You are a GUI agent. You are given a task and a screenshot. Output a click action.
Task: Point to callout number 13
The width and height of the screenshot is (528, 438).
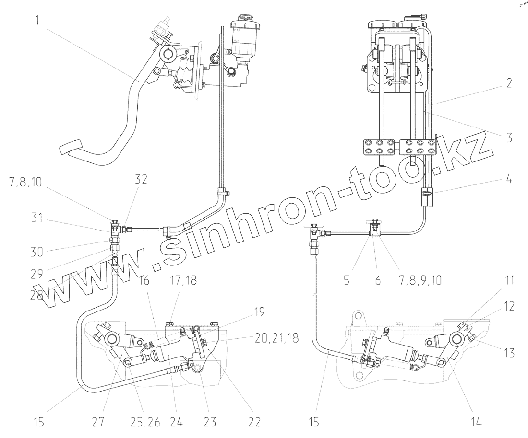click(508, 353)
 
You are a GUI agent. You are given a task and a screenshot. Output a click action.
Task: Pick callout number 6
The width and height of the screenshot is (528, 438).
click(377, 279)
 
